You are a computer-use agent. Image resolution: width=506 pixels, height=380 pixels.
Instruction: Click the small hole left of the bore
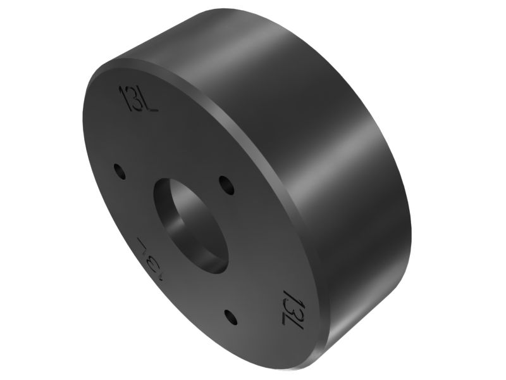pyautogui.click(x=118, y=171)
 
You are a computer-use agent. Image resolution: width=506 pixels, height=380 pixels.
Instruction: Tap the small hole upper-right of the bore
pyautogui.click(x=226, y=185)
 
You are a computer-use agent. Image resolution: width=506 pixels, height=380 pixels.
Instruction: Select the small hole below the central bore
pyautogui.click(x=231, y=317)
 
